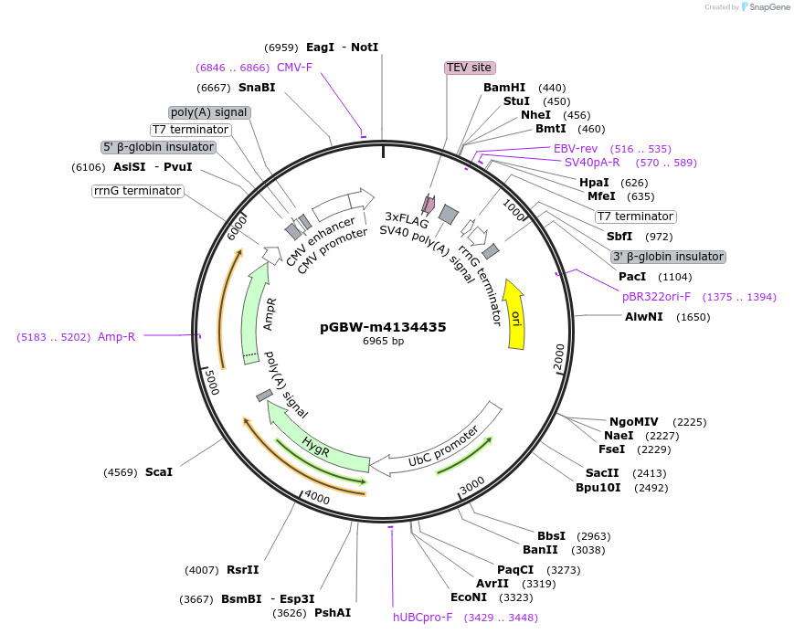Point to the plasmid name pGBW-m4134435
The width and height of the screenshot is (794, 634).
coord(383,326)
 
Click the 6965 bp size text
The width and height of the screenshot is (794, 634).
coord(383,341)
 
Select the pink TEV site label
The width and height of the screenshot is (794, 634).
coord(470,68)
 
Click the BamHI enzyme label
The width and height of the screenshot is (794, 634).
coord(504,88)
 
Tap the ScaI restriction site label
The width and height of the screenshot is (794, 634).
coord(158,472)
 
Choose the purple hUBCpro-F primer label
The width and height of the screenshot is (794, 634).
coord(423,618)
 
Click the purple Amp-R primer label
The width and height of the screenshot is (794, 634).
coord(116,337)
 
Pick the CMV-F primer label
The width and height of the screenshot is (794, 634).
coord(294,67)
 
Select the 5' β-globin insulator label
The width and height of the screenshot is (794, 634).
coord(158,147)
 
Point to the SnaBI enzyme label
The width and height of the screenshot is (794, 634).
coord(256,88)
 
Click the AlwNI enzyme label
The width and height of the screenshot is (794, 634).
coord(641,317)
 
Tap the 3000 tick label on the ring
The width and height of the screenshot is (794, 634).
coord(472,484)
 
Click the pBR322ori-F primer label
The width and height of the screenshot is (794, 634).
coord(656,297)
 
